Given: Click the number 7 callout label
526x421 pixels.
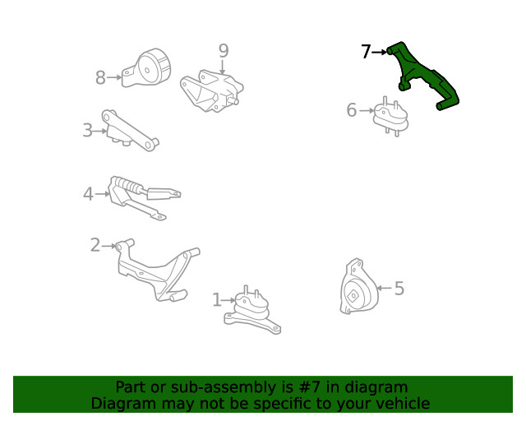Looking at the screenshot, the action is [366, 52].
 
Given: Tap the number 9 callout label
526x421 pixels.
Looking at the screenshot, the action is [224, 51].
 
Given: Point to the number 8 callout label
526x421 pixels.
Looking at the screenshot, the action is [100, 77].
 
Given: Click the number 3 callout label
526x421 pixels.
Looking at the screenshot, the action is [88, 130].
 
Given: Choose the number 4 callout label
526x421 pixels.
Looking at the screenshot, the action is [88, 194].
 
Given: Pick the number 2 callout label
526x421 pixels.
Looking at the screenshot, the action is [95, 245].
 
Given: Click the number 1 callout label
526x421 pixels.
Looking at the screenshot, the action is [217, 300].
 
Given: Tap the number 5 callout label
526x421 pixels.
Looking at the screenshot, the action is [399, 289].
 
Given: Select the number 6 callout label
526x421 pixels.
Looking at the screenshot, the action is [352, 110].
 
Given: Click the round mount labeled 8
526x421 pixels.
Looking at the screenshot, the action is [146, 68].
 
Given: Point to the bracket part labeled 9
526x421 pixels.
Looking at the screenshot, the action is [211, 91].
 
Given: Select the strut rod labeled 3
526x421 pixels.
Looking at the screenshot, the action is [130, 131].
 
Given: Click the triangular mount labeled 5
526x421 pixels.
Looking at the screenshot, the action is [358, 287].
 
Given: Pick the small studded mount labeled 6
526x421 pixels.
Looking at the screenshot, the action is [391, 117].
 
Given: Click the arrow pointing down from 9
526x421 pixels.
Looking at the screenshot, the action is [222, 67].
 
